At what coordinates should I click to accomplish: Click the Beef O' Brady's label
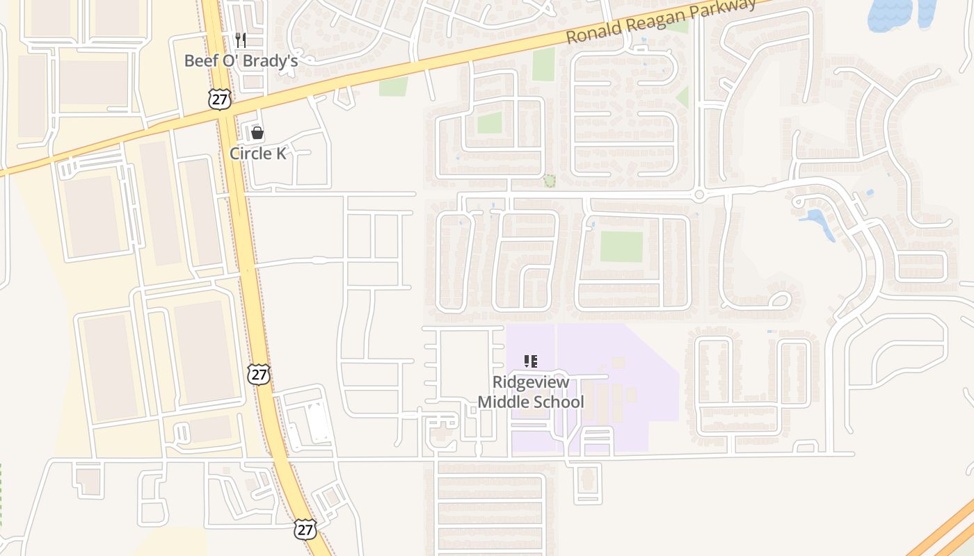coord(241,61)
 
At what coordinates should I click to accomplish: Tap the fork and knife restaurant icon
coord(241,40)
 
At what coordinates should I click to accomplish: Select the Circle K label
coord(258,154)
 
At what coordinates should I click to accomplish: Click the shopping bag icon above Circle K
coord(257,133)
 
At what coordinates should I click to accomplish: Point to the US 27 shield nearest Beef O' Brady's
coord(219,99)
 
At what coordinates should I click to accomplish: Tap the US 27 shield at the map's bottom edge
coord(305,529)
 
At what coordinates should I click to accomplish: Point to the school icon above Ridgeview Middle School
coord(531,361)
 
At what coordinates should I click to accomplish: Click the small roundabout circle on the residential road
coord(699,195)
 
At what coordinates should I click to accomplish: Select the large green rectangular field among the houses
coord(621,247)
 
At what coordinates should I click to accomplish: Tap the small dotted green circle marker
coord(549,181)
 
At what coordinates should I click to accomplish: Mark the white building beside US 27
coord(318,422)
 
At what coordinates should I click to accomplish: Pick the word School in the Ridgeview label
coord(559,402)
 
